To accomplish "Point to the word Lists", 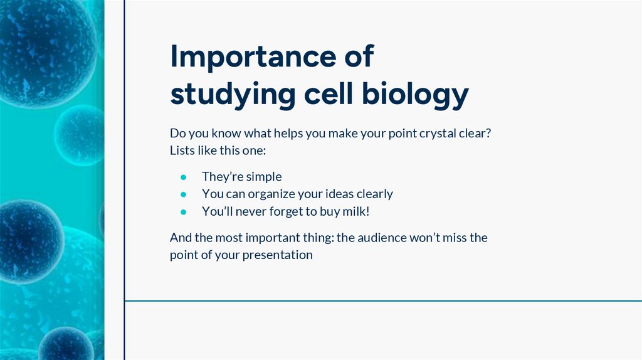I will click(182, 151).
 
